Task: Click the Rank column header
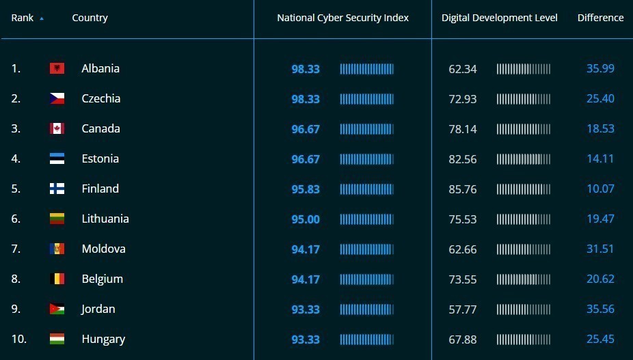[x=22, y=18]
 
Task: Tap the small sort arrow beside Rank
[x=42, y=18]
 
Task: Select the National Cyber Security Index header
[x=342, y=18]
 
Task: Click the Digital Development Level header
[x=500, y=18]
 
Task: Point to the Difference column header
[x=600, y=18]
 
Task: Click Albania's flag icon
[x=57, y=68]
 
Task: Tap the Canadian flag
[x=57, y=128]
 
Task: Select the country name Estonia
[x=100, y=158]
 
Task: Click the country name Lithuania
[x=105, y=219]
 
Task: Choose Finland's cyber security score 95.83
[x=306, y=189]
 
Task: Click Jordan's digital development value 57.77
[x=463, y=309]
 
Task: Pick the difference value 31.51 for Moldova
[x=600, y=249]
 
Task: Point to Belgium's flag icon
[x=57, y=279]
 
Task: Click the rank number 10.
[x=19, y=339]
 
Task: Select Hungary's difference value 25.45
[x=600, y=339]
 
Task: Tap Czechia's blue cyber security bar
[x=366, y=99]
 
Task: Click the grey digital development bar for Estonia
[x=523, y=159]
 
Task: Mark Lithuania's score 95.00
[x=306, y=219]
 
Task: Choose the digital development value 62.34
[x=463, y=69]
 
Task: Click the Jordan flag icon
[x=57, y=309]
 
